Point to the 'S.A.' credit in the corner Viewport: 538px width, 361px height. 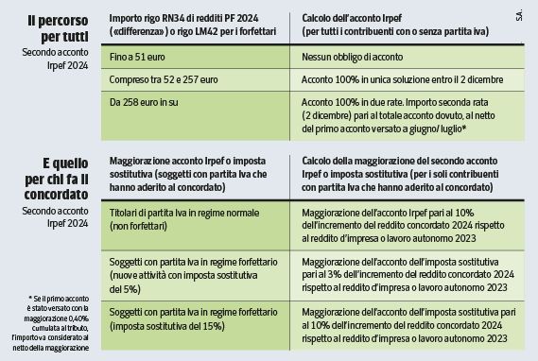click(x=521, y=16)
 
